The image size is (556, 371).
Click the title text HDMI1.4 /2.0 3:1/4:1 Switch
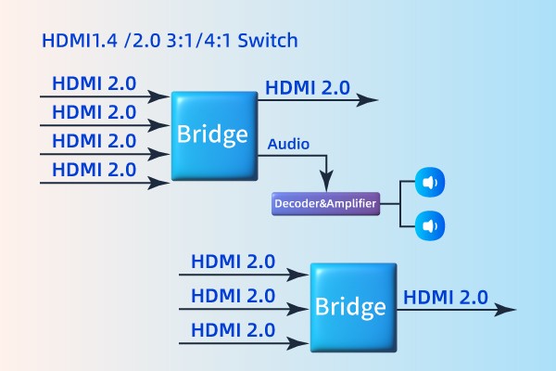[171, 43]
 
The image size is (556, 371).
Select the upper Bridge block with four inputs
[214, 135]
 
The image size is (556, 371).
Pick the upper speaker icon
[428, 183]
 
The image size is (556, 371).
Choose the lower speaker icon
[428, 224]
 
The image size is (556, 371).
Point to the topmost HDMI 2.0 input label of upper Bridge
[95, 83]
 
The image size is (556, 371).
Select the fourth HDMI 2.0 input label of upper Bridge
[95, 170]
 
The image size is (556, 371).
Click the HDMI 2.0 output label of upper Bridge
[308, 88]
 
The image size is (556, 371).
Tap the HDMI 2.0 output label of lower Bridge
[446, 297]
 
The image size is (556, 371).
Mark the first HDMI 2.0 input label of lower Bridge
[233, 262]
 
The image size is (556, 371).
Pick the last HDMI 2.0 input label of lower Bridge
[233, 329]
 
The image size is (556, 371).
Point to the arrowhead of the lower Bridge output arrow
[509, 310]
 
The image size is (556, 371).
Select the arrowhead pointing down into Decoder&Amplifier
[325, 185]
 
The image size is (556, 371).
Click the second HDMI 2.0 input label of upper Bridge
[95, 112]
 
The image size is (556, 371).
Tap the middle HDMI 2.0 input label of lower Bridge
[233, 296]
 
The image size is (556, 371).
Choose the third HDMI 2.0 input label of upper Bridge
[95, 141]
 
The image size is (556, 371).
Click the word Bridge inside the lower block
[352, 307]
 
